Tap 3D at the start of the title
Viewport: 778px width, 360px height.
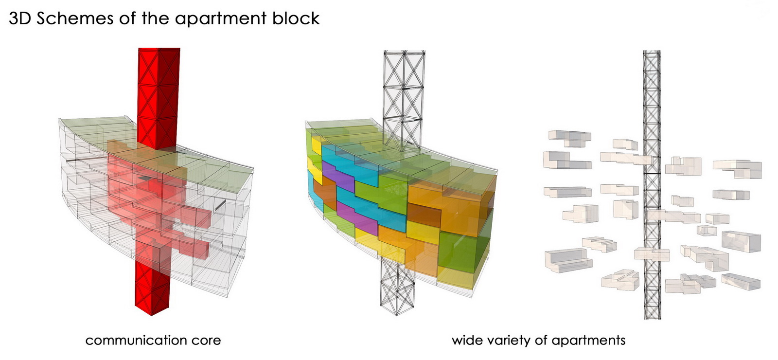pos(20,18)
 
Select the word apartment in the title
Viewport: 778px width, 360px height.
pos(220,18)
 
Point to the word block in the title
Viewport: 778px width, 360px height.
pos(296,18)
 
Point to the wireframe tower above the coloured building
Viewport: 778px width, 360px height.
pos(404,92)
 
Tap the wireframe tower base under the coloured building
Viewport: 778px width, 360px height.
pos(397,287)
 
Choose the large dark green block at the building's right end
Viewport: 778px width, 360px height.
pos(462,251)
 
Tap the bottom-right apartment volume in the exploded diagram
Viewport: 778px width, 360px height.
pos(741,281)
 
